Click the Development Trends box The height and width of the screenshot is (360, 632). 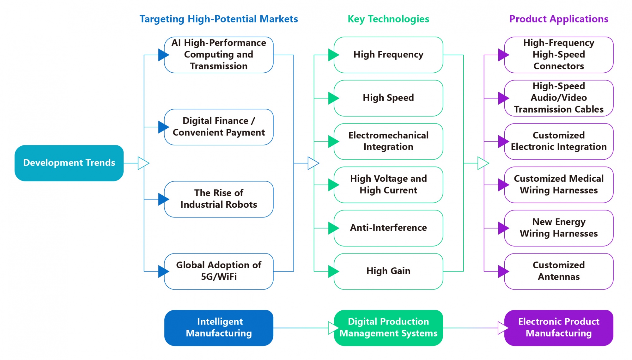[x=69, y=163]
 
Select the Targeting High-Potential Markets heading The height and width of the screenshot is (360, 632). [x=219, y=19]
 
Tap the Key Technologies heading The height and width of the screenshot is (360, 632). [x=388, y=19]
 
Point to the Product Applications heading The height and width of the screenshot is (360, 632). [x=558, y=19]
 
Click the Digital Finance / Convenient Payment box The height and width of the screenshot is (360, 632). [x=219, y=127]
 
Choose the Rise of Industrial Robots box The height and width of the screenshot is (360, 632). [x=219, y=199]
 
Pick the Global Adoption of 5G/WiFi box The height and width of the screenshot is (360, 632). [x=219, y=271]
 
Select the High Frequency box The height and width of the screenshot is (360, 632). [x=388, y=55]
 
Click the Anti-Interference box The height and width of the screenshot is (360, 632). [x=388, y=228]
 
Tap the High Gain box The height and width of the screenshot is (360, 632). [x=388, y=271]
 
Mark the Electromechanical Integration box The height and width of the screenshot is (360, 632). [x=388, y=141]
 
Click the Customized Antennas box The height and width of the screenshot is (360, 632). [x=558, y=271]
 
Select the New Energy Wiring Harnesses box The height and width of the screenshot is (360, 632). [x=558, y=228]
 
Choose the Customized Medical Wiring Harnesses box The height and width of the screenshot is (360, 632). [x=558, y=185]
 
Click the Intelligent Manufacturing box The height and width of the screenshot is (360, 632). [x=219, y=328]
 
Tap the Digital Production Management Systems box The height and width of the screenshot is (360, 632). [x=388, y=328]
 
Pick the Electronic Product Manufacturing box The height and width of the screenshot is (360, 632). [x=558, y=328]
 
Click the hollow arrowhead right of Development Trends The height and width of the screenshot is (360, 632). [x=143, y=163]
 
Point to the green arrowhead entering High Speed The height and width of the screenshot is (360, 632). [x=333, y=98]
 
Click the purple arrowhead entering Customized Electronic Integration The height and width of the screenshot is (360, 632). [x=503, y=142]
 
